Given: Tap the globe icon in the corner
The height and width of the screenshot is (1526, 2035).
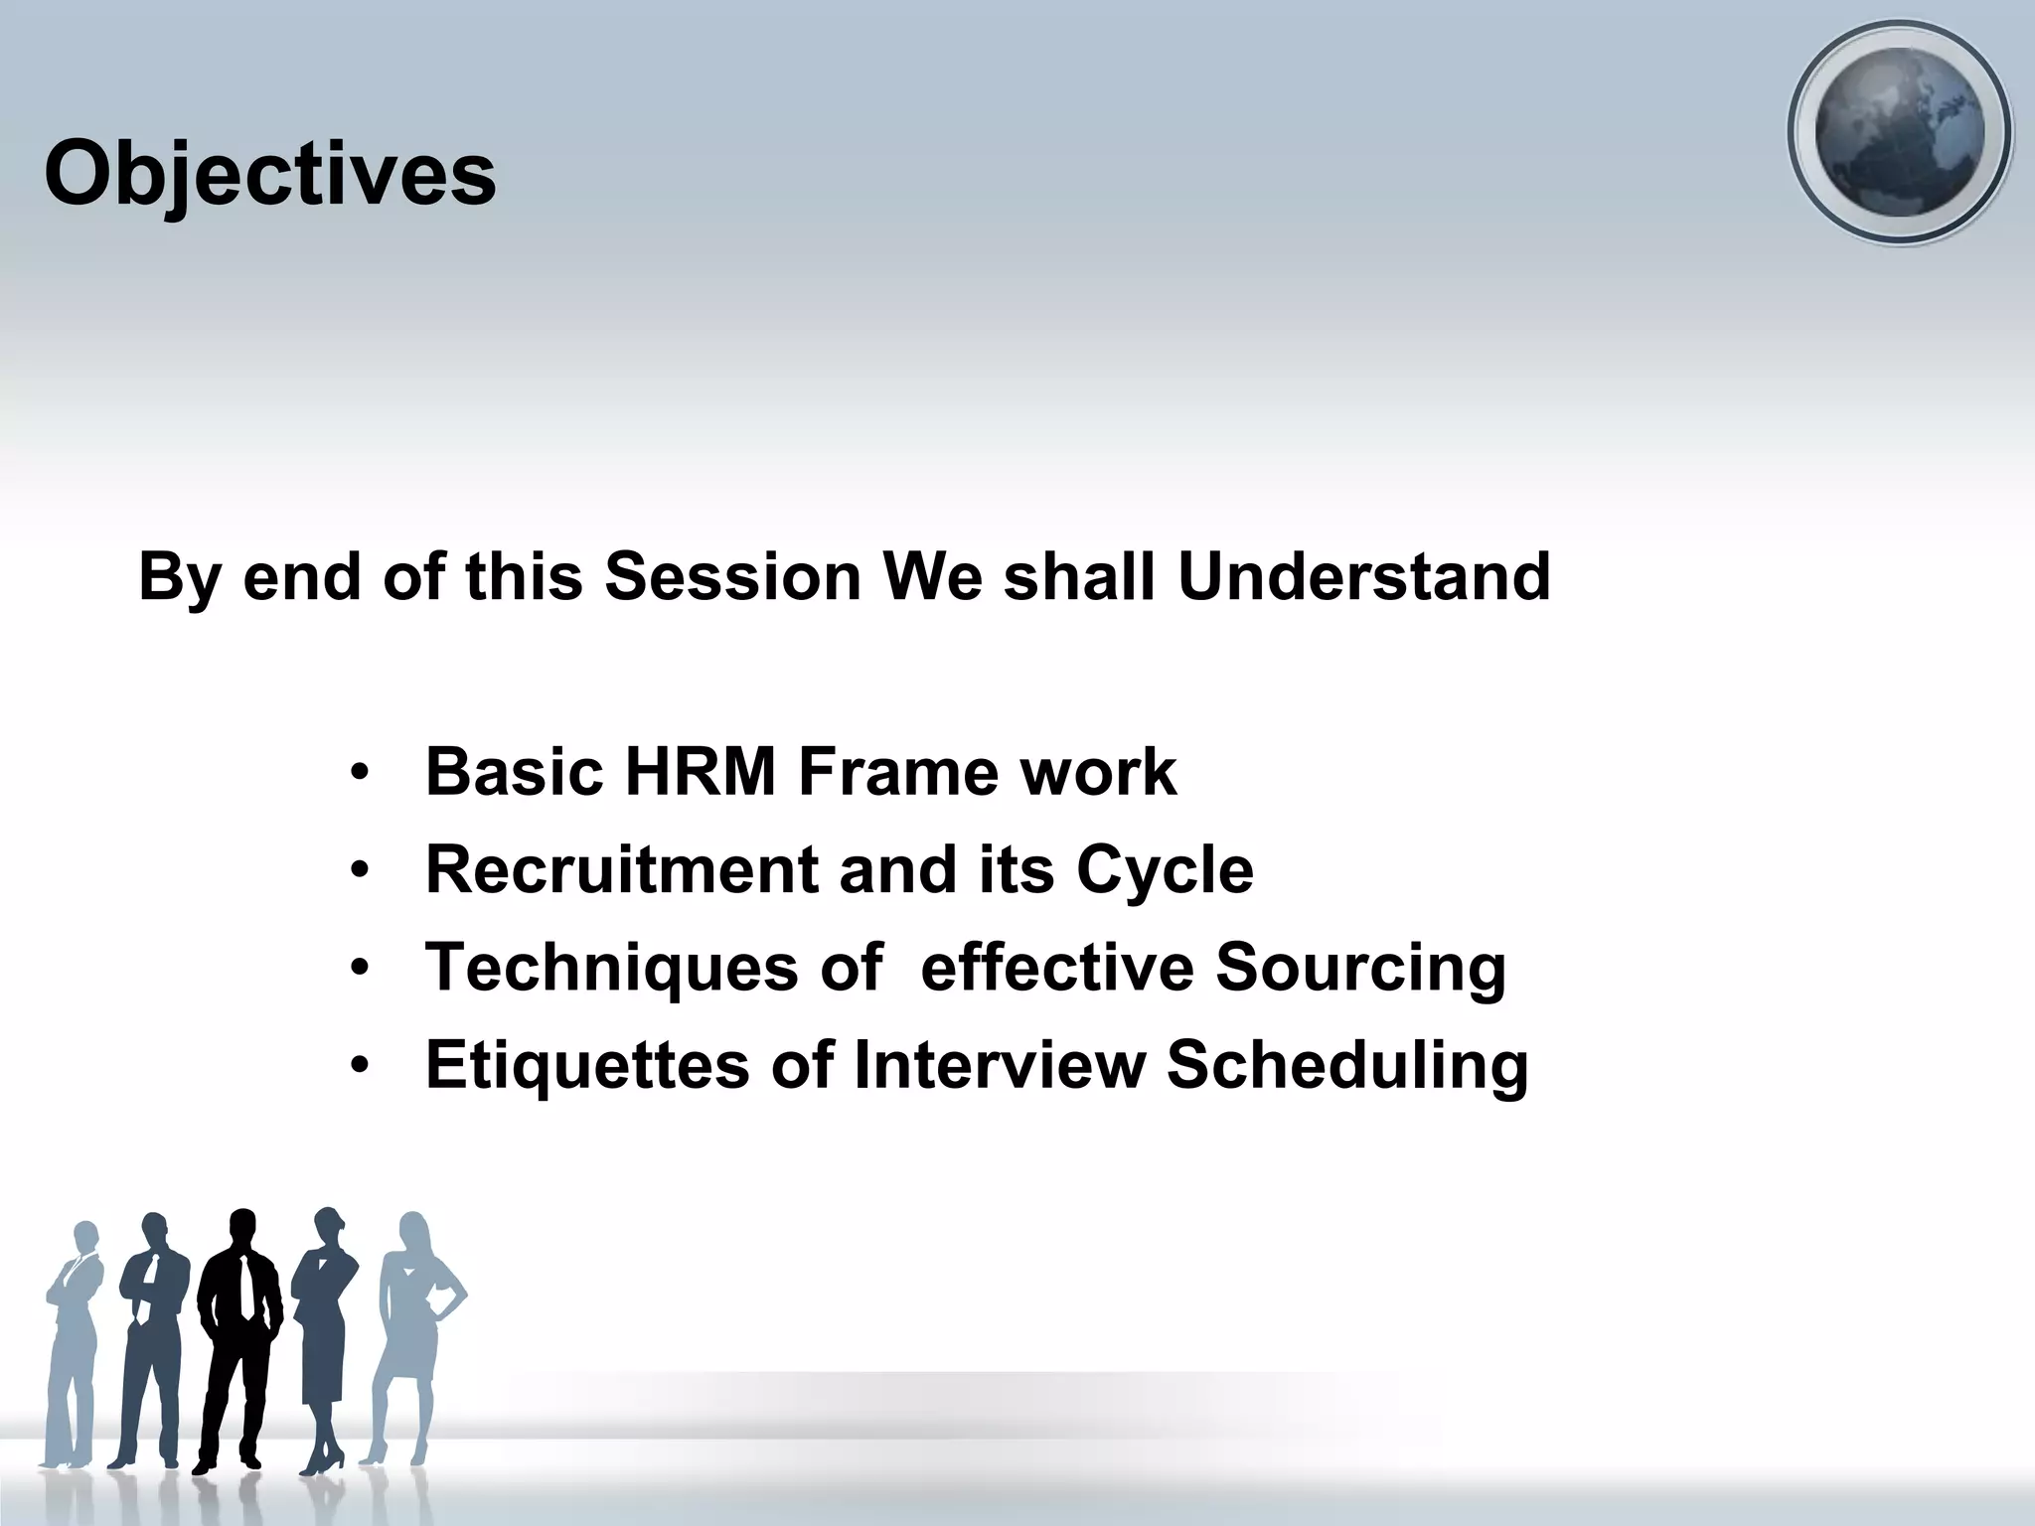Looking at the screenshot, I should coord(1899,132).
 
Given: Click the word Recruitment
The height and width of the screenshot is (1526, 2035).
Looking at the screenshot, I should coord(621,869).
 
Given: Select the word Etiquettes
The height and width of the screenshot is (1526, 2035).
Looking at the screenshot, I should coord(587,1065).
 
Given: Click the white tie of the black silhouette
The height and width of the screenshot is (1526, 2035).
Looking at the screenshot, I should coord(245,1287).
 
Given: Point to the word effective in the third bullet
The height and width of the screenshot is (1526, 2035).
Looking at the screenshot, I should coord(1056,968).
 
